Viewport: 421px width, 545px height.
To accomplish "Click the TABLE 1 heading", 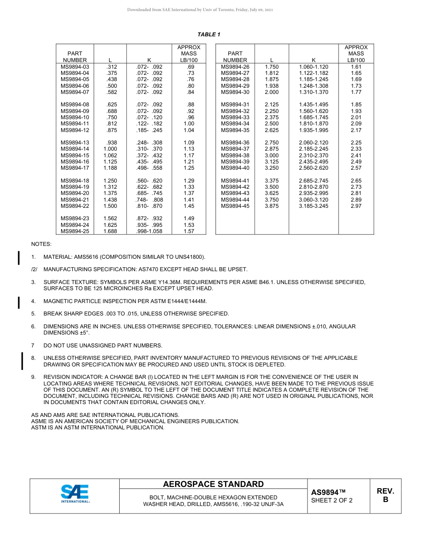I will tap(209, 35).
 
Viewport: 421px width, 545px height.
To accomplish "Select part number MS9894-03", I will tap(75, 67).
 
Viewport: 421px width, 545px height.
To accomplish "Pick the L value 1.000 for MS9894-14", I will tap(110, 149).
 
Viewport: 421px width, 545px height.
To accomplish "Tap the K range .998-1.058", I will tap(149, 231).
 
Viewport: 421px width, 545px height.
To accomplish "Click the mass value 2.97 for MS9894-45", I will tap(356, 206).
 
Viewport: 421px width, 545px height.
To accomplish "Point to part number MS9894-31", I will tap(235, 105).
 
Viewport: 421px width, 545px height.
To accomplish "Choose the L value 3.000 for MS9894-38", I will tap(272, 156).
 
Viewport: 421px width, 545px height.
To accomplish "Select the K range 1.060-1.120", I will tap(314, 67).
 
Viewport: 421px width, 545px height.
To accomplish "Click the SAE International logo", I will tap(75, 494).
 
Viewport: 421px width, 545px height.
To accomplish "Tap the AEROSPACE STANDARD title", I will tap(213, 484).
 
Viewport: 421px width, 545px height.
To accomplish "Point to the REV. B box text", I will tap(385, 495).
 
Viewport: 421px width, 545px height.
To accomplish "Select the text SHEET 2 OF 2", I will tap(332, 501).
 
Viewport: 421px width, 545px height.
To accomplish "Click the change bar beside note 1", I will tap(19, 257).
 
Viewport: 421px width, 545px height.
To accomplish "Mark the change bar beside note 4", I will tap(19, 302).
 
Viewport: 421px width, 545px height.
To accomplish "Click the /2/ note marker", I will tap(34, 269).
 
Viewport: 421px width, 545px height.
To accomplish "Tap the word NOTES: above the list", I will tap(41, 244).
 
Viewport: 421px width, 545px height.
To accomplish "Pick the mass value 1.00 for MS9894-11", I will tap(189, 124).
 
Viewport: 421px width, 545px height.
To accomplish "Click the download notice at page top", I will tap(200, 10).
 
